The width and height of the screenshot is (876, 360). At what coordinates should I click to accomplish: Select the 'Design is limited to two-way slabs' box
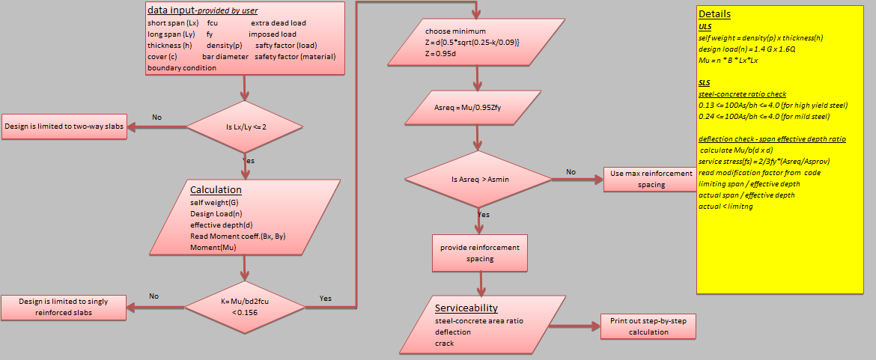64,126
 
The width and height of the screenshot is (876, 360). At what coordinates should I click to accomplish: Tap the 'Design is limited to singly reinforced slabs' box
63,306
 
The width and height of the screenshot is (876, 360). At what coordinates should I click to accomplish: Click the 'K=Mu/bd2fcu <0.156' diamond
244,306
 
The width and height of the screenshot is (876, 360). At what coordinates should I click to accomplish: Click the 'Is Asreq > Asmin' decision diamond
479,180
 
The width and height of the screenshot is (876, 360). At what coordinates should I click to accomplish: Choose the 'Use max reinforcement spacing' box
651,179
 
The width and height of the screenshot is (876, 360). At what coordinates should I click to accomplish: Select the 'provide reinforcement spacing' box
479,253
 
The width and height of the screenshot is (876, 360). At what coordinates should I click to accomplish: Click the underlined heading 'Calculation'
216,190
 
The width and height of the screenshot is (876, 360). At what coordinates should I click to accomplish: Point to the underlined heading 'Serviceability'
466,308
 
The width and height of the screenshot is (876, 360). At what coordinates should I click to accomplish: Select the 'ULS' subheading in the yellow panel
705,26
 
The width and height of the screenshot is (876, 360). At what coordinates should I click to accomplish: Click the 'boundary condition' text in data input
182,67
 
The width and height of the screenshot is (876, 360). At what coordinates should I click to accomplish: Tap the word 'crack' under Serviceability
444,344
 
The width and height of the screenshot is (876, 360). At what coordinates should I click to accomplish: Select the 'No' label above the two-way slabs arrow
157,118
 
